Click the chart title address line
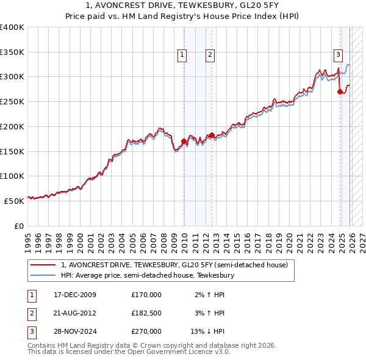click(x=182, y=5)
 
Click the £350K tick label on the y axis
click(x=12, y=52)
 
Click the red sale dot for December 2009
click(x=184, y=142)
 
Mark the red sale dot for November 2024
click(x=340, y=92)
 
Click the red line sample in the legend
click(x=42, y=265)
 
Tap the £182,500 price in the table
click(x=146, y=313)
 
